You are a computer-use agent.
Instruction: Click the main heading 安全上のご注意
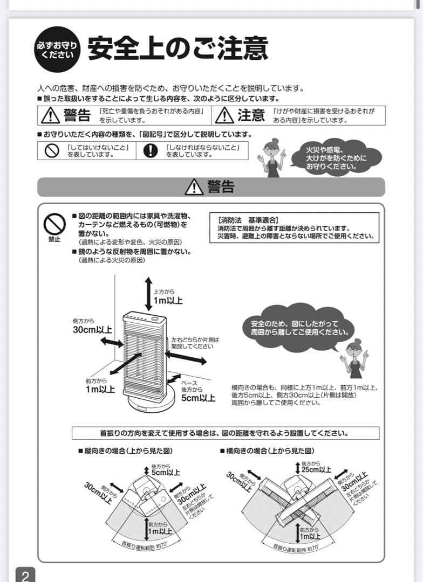(178, 48)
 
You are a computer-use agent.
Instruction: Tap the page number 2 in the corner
(25, 575)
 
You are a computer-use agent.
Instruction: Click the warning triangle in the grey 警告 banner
(194, 187)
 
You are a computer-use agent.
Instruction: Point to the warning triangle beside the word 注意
(224, 115)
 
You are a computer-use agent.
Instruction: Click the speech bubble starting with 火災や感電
(336, 158)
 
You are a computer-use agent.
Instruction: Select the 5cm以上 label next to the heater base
(198, 398)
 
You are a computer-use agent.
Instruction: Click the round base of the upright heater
(152, 399)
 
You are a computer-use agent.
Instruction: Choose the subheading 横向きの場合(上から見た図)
(267, 451)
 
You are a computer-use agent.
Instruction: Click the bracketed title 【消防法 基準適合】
(248, 220)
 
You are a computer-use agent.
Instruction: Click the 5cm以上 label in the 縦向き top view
(165, 472)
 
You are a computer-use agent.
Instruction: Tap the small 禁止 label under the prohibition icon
(54, 239)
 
